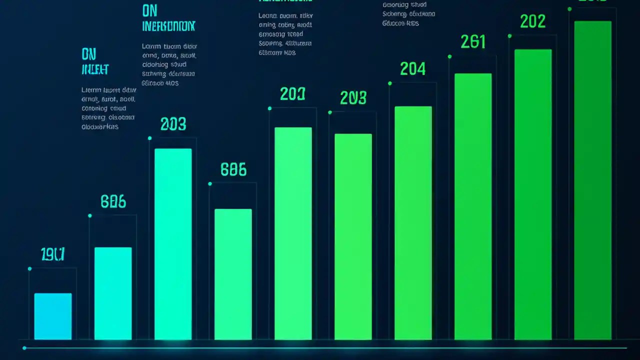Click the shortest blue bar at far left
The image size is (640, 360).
pos(53,316)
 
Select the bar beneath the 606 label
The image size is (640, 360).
pos(113,293)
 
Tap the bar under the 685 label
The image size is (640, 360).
pos(233,274)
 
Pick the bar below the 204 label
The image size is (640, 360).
pos(413,222)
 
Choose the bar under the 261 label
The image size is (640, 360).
pos(473,206)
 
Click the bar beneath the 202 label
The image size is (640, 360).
pos(533,194)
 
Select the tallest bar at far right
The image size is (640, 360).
pos(593,180)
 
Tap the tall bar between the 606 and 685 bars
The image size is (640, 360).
pos(173,244)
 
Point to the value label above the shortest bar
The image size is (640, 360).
pos(52,254)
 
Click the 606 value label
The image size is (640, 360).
pos(113,201)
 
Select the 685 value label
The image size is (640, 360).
pos(233,170)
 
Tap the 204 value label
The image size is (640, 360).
pos(413,68)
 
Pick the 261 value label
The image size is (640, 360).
pos(473,42)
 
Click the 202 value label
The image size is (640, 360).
pos(533,21)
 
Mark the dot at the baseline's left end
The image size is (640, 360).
pos(24,348)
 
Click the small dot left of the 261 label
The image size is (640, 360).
pos(449,56)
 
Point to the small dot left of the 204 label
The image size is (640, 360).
pos(389,83)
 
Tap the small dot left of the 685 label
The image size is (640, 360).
pos(210,184)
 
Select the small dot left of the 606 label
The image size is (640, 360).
pos(90,216)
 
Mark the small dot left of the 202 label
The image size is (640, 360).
pos(509,36)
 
